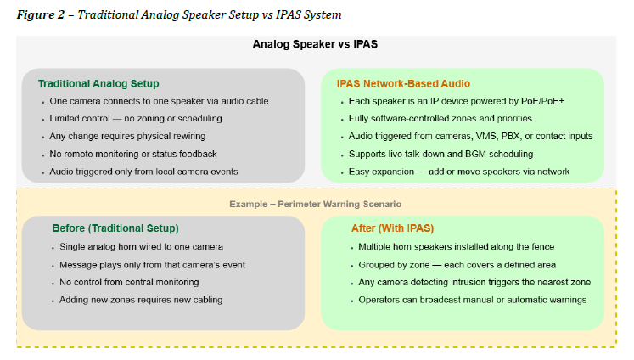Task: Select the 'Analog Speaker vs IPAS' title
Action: (316, 45)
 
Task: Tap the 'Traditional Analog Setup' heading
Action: (98, 84)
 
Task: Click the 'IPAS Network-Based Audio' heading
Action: (403, 84)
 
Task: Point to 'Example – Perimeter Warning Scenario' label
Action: (316, 205)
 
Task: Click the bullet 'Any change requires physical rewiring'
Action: (132, 136)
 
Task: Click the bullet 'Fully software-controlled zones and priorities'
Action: (440, 118)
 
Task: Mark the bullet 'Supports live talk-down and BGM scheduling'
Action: (441, 154)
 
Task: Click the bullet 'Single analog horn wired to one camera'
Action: (141, 246)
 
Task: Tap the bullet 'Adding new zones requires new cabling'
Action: (141, 300)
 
